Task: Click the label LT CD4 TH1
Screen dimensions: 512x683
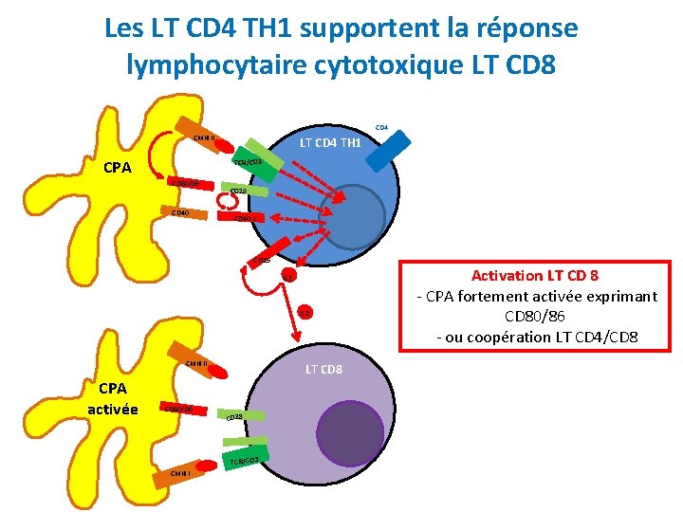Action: [x=330, y=143]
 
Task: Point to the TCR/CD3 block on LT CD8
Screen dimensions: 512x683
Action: [x=245, y=460]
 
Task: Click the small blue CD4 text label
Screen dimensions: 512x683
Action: [x=381, y=126]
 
